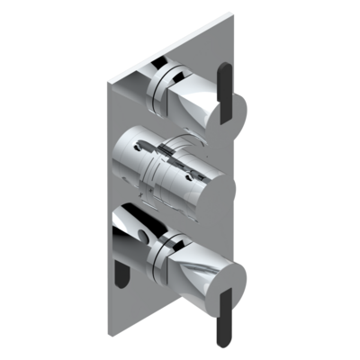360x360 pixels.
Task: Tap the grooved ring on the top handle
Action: tap(162, 82)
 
